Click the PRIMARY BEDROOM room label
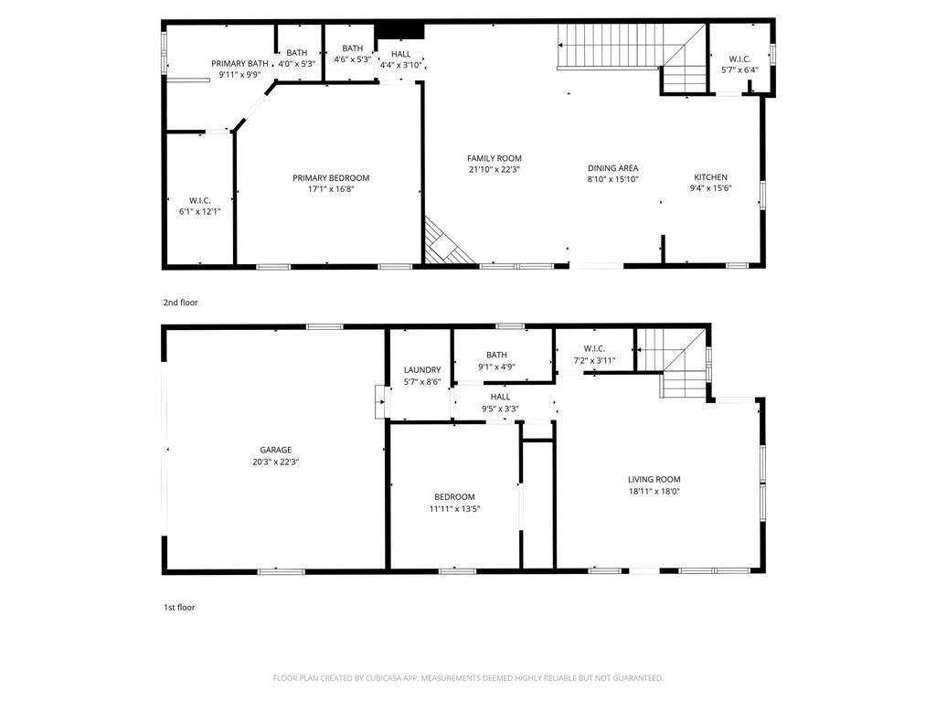click(x=331, y=178)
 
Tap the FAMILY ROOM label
click(x=494, y=158)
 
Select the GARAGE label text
click(x=275, y=450)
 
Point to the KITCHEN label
click(x=710, y=177)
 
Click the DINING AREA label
click(x=612, y=168)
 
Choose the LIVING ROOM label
click(x=654, y=479)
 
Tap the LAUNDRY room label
click(x=422, y=370)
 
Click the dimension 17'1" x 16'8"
click(x=331, y=190)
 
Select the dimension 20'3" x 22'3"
click(x=275, y=462)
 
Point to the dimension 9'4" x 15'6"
click(x=710, y=188)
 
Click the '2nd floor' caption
click(x=180, y=303)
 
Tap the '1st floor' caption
click(x=178, y=607)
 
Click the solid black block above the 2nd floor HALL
click(x=400, y=29)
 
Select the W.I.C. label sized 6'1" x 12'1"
click(x=200, y=200)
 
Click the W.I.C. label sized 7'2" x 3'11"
click(x=594, y=348)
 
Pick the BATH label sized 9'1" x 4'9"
click(x=496, y=355)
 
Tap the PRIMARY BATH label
click(x=239, y=64)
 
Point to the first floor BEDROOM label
click(x=454, y=497)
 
